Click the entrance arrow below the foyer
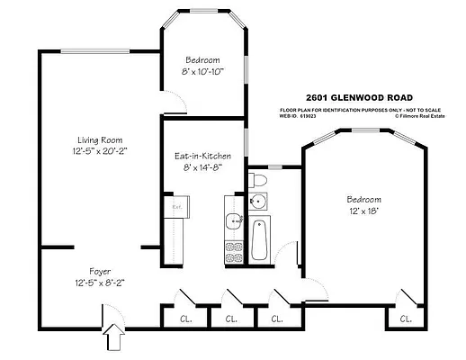tap(112, 339)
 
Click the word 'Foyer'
tap(100, 271)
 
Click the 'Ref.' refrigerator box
tap(177, 206)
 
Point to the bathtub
tap(260, 240)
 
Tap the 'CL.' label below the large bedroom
tap(406, 319)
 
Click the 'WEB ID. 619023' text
tap(302, 115)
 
